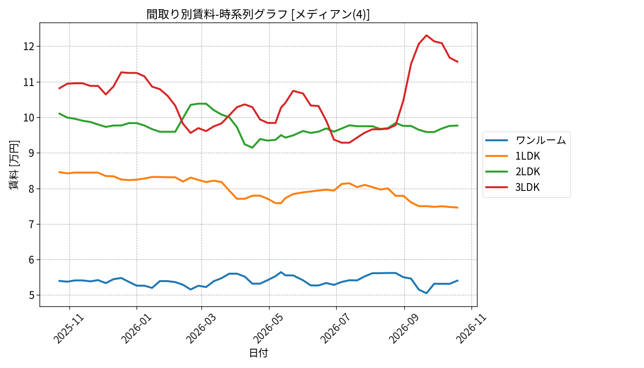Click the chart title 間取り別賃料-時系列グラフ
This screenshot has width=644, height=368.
217,14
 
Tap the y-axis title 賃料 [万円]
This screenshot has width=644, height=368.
14,165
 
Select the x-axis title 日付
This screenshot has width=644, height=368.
258,353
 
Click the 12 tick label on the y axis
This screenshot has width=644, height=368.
29,46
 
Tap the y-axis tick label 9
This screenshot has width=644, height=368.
32,153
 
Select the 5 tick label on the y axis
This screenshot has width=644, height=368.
32,295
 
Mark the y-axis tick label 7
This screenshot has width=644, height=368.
32,224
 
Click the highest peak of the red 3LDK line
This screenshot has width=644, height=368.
426,35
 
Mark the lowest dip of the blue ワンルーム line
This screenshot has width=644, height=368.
426,293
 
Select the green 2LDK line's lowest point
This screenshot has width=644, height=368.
252,148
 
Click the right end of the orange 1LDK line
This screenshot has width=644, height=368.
458,207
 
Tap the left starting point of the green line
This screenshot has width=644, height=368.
59,113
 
